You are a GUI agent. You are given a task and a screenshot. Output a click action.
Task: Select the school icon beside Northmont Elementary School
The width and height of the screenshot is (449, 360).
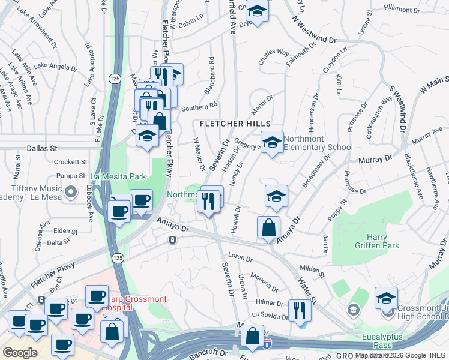(x=272, y=143)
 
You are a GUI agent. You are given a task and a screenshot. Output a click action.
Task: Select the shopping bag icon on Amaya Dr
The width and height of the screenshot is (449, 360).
(x=268, y=227)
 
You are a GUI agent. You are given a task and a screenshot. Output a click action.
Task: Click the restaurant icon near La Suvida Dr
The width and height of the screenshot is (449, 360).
(x=298, y=310)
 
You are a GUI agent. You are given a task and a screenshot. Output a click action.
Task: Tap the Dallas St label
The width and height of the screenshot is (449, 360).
(x=41, y=147)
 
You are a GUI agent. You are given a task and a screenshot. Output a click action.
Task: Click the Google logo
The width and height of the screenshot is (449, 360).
(x=20, y=352)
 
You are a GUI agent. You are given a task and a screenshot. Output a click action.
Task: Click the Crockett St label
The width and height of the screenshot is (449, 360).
(x=71, y=162)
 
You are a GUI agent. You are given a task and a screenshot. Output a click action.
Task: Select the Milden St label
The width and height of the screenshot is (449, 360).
(x=312, y=271)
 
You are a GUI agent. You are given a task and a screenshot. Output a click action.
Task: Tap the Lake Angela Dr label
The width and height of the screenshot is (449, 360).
(x=53, y=65)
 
